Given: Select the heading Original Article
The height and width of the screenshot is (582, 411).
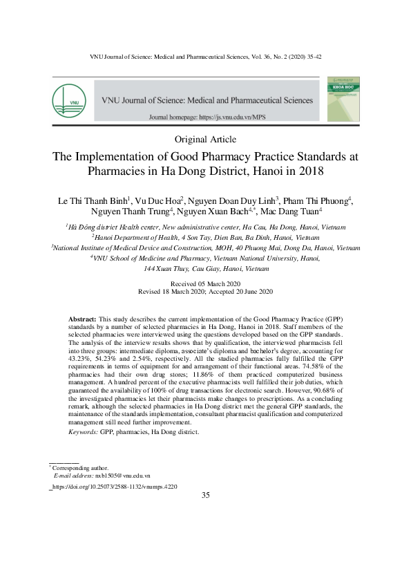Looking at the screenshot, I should coord(205,140).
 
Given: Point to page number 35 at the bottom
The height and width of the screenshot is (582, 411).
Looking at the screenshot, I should coord(205,496).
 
